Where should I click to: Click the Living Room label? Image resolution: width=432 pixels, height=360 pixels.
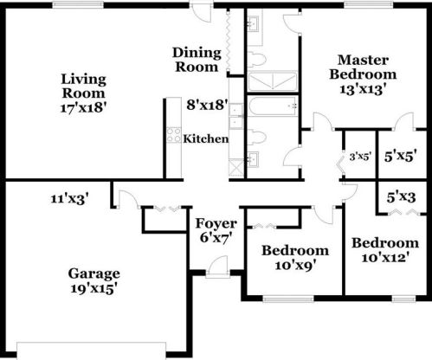point(84,86)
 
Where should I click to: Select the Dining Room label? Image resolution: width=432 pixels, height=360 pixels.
point(197,60)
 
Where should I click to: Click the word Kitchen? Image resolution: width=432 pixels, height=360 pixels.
point(206,138)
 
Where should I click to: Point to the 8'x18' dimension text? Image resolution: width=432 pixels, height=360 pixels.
point(206,105)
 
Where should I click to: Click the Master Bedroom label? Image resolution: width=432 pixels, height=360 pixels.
point(361,67)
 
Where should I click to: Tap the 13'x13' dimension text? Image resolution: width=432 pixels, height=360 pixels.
point(361,87)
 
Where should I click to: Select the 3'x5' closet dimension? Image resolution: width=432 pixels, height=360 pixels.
point(359,157)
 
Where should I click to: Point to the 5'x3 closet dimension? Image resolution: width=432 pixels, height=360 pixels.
point(402,197)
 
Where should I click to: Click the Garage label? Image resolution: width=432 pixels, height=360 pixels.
point(93,274)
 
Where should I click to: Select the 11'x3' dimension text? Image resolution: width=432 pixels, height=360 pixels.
point(70,199)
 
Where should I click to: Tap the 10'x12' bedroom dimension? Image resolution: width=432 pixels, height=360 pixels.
point(384,257)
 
